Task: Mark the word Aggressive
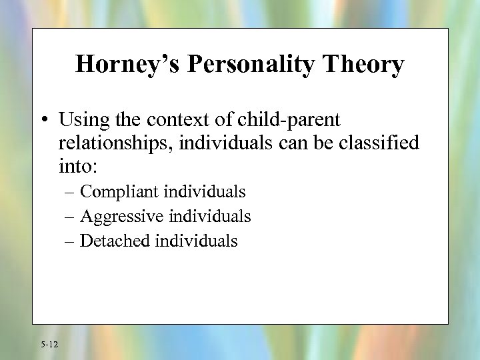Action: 123,217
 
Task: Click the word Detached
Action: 115,241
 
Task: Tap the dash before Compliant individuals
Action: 71,193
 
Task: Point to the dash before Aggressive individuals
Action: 71,217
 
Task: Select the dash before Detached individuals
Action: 71,241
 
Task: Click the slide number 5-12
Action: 49,345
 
